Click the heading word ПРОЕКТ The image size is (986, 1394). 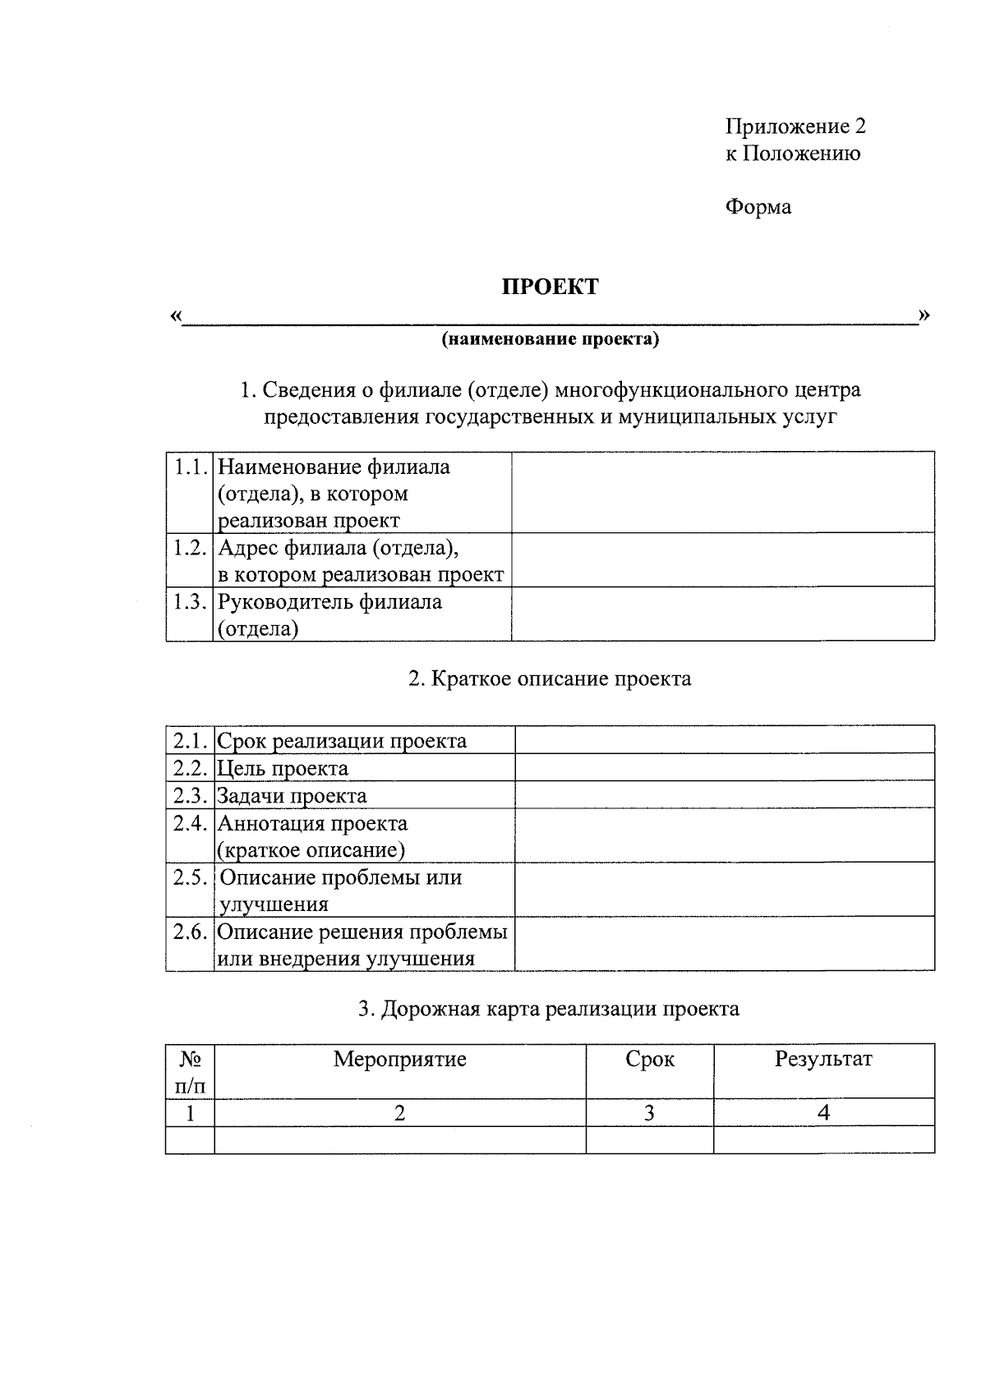[x=550, y=287]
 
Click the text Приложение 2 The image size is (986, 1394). [x=795, y=127]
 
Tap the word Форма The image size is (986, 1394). [x=758, y=207]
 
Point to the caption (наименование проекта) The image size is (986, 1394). [x=550, y=339]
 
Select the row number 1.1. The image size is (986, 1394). [x=190, y=467]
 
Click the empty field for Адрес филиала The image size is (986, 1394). [x=722, y=559]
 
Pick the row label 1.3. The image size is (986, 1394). [x=190, y=602]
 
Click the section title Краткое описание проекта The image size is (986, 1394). [x=550, y=679]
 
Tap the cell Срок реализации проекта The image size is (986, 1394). [x=342, y=741]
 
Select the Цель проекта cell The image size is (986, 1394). [x=283, y=769]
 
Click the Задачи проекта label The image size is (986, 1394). [x=292, y=796]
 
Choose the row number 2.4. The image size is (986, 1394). [x=190, y=824]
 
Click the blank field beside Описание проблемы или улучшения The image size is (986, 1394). [x=724, y=890]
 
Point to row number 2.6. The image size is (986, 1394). [x=190, y=932]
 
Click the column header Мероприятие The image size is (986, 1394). [x=399, y=1060]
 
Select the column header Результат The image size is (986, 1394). [x=823, y=1060]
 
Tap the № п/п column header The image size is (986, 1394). [x=190, y=1072]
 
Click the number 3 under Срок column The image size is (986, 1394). [x=649, y=1114]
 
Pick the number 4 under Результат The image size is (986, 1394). [x=823, y=1114]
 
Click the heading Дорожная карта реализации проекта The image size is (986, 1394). [x=548, y=1009]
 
